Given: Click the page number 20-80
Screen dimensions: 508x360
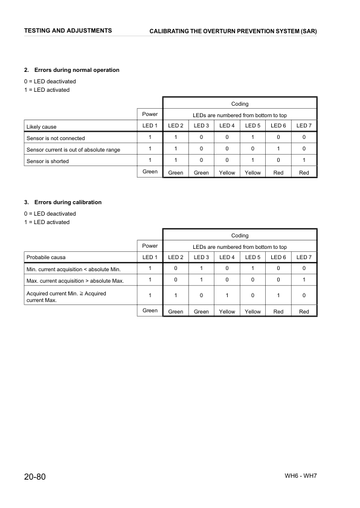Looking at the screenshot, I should point(29,477).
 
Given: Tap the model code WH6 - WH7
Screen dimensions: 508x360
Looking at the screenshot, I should point(300,476).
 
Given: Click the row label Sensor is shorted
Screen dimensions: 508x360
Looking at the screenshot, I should point(48,161).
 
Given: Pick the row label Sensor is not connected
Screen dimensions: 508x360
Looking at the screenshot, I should point(56,138).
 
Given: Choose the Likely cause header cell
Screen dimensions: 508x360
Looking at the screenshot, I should point(41,127).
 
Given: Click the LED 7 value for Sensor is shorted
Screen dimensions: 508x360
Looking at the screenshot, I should point(304,161).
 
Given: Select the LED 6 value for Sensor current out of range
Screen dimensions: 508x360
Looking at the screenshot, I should point(278,149).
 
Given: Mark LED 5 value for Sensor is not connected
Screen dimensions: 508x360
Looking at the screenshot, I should point(252,138).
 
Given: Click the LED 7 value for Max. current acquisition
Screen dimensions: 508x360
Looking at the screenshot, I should point(304,280).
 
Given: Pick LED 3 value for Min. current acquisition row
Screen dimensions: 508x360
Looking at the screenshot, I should point(201,268).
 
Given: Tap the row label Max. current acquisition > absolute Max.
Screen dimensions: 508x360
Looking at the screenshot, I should point(75,281).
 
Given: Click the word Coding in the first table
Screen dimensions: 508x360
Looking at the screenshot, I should point(240,104).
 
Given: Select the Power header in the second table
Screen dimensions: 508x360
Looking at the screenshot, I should point(150,246).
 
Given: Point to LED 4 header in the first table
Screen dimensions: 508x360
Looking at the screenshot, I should point(227,126).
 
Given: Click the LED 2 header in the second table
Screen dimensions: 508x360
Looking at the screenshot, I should point(176,257).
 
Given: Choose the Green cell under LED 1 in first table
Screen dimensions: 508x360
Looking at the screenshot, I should point(150,172).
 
